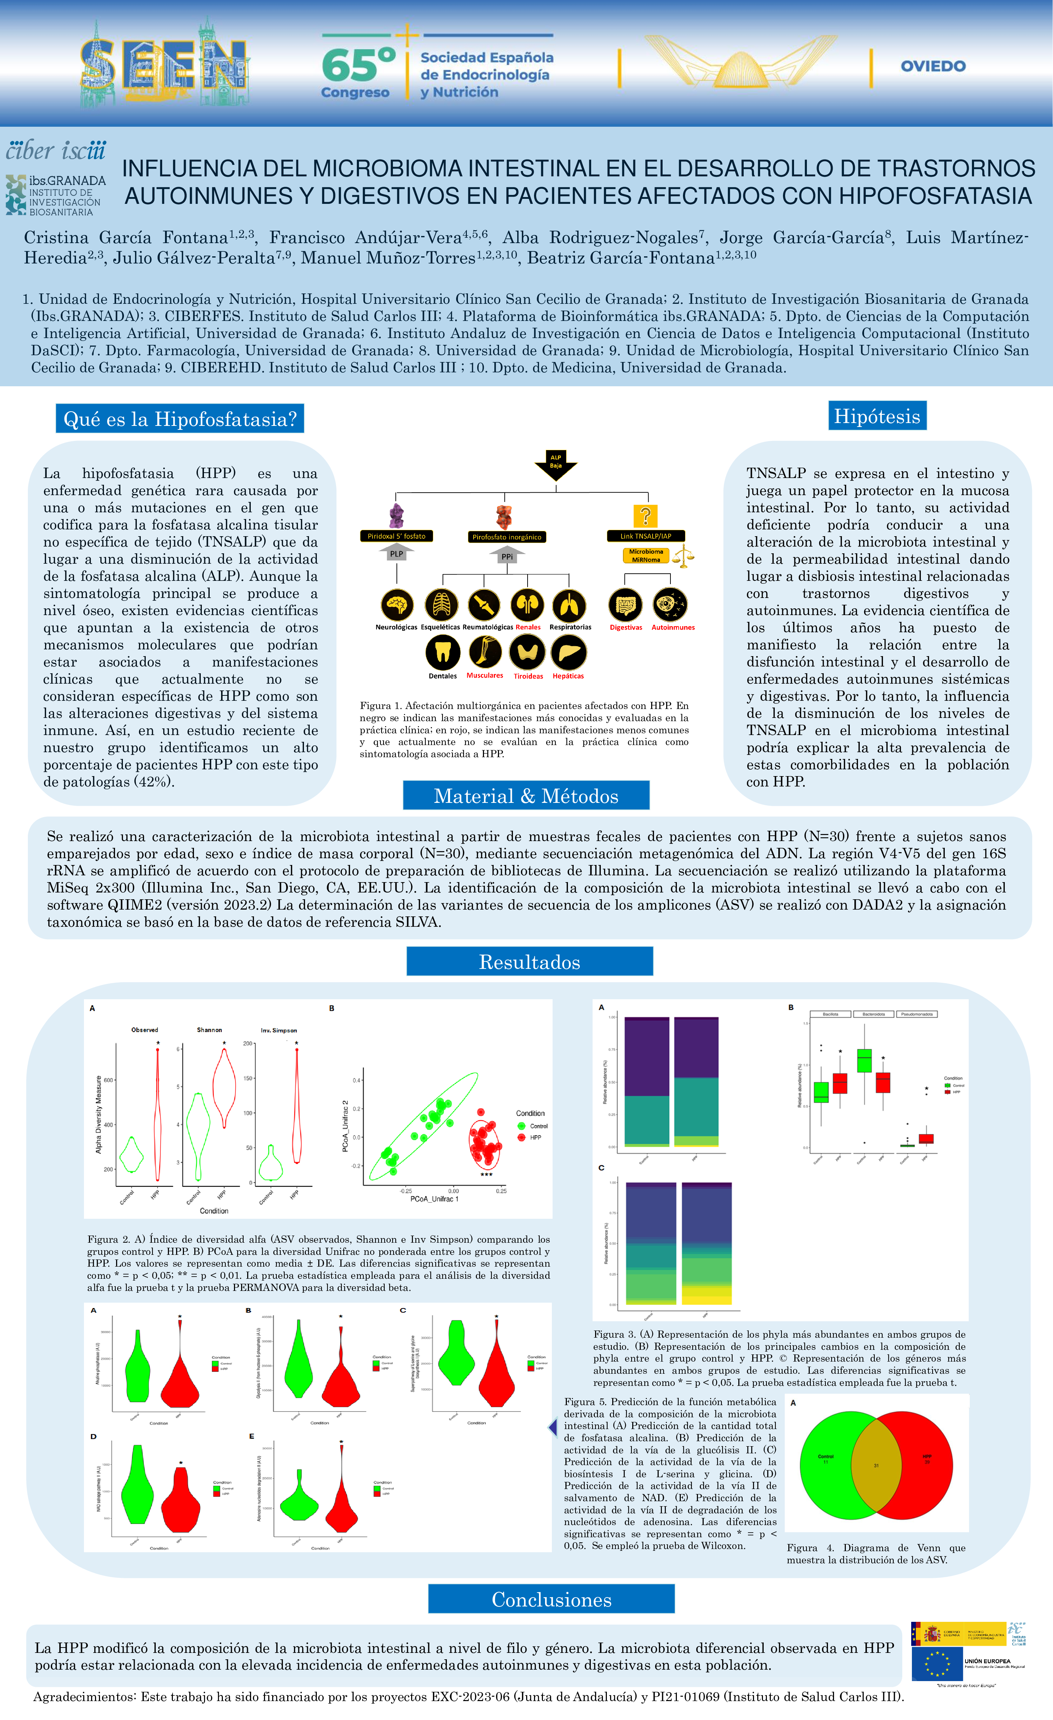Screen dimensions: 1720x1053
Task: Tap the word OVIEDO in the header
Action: [933, 66]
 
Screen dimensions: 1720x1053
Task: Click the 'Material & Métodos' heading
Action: [526, 796]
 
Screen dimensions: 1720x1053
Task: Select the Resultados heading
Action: [529, 962]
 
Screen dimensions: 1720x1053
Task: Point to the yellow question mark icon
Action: [645, 516]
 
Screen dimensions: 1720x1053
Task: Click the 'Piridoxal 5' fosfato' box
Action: [396, 536]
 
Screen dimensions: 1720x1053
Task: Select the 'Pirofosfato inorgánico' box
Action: [506, 537]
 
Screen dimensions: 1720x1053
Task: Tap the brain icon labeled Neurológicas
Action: [396, 604]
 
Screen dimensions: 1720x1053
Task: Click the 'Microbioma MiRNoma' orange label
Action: [646, 555]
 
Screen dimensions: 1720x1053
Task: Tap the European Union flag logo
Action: [937, 1664]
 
